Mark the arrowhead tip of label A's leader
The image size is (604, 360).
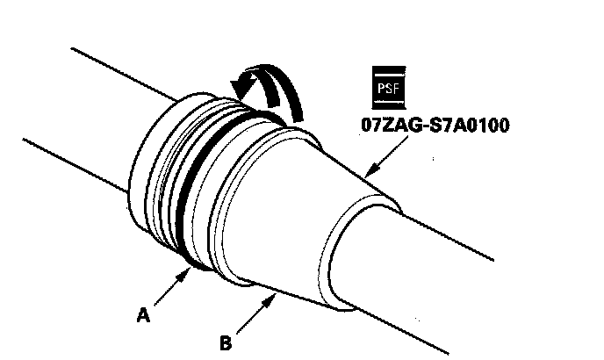pos(189,270)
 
